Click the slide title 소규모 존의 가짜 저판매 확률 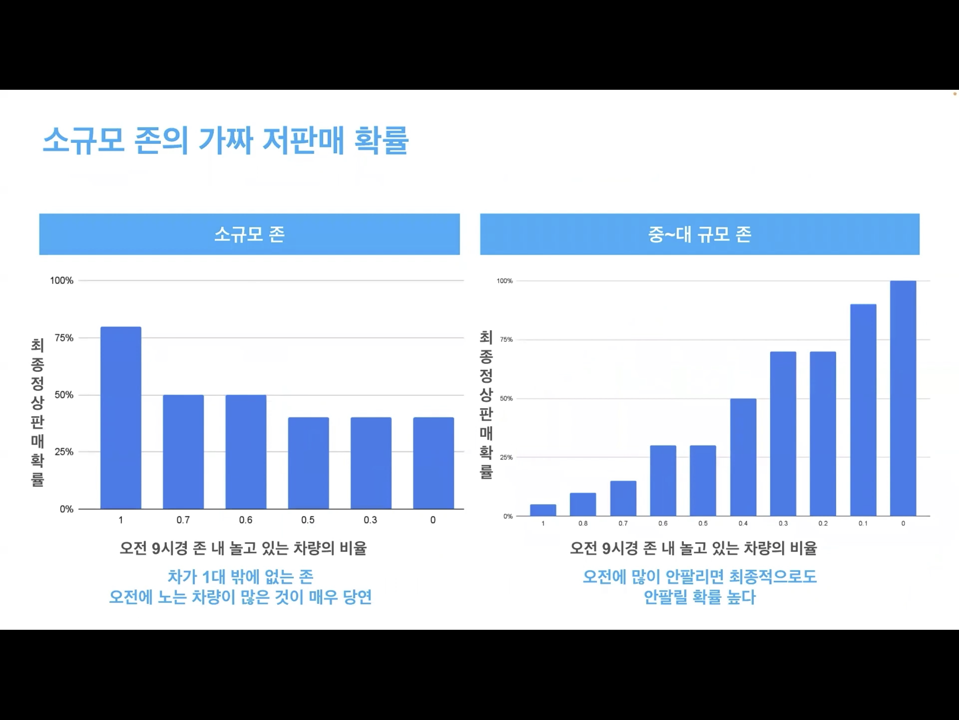[x=226, y=140]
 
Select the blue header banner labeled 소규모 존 [x=249, y=234]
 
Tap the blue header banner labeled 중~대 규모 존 [x=699, y=234]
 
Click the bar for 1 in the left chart [x=121, y=417]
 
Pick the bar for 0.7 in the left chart [x=183, y=452]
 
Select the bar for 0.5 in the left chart [x=308, y=463]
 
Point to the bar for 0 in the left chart [x=433, y=463]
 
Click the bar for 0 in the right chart [x=903, y=398]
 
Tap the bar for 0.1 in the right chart [x=863, y=410]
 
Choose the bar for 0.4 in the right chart [x=743, y=457]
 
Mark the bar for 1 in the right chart [x=543, y=510]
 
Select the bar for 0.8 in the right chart [x=583, y=504]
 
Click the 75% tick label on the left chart [x=64, y=338]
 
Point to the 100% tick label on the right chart [x=505, y=281]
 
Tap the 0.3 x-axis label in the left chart [x=370, y=520]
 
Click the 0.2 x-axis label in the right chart [x=823, y=524]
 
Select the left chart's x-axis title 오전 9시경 [x=243, y=548]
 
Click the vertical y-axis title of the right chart [x=486, y=404]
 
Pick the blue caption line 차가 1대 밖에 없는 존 [x=240, y=577]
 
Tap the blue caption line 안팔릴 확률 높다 [x=699, y=597]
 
